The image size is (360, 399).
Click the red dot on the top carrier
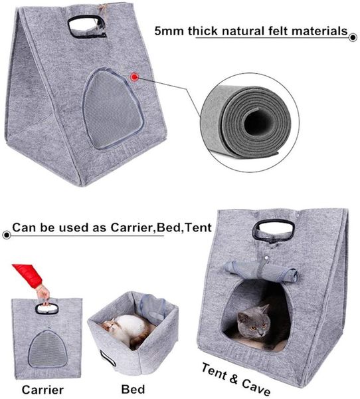(134, 76)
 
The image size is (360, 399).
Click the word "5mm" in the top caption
(169, 31)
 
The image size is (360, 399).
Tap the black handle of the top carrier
(86, 26)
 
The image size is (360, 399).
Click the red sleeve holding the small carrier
(28, 275)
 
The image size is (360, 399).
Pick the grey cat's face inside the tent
(256, 321)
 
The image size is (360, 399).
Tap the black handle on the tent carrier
(274, 230)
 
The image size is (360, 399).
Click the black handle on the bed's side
(108, 358)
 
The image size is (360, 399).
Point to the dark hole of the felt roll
(256, 122)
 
